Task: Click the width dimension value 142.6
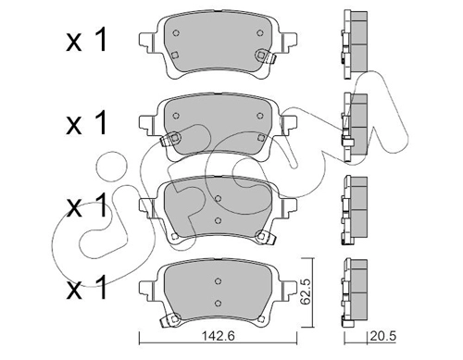[x=218, y=336]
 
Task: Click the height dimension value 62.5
[x=306, y=292]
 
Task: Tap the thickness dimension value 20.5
[x=382, y=336]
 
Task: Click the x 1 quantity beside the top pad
[x=86, y=40]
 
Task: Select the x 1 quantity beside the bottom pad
[x=86, y=287]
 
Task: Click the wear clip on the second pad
[x=170, y=139]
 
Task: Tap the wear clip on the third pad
[x=265, y=238]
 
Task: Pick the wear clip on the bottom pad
[x=170, y=319]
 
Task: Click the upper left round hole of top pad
[x=176, y=33]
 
